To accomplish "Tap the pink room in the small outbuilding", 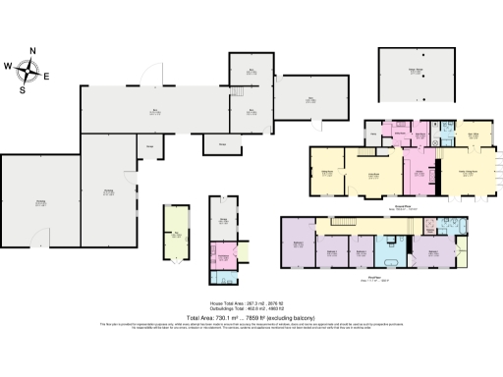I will pyautogui.click(x=222, y=257).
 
